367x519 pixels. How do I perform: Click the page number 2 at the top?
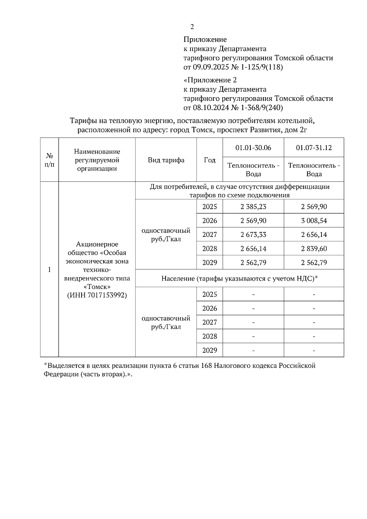click(x=192, y=27)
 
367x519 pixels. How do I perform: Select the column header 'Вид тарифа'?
click(x=166, y=160)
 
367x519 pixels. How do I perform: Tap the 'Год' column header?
click(x=209, y=160)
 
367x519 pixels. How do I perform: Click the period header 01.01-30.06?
click(x=253, y=148)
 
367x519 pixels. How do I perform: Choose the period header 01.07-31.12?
click(x=314, y=148)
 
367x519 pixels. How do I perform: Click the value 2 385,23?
click(x=253, y=207)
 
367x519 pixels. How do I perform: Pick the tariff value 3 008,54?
click(x=314, y=221)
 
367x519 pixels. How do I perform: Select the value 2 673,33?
click(x=253, y=235)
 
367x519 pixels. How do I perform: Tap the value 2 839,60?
click(x=314, y=249)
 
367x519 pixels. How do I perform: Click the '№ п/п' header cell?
click(x=50, y=160)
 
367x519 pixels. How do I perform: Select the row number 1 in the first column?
click(x=50, y=270)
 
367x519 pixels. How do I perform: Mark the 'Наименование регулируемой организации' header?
click(x=97, y=160)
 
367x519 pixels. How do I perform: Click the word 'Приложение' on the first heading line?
click(x=205, y=39)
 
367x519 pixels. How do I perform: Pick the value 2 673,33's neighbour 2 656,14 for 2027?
click(x=314, y=235)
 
